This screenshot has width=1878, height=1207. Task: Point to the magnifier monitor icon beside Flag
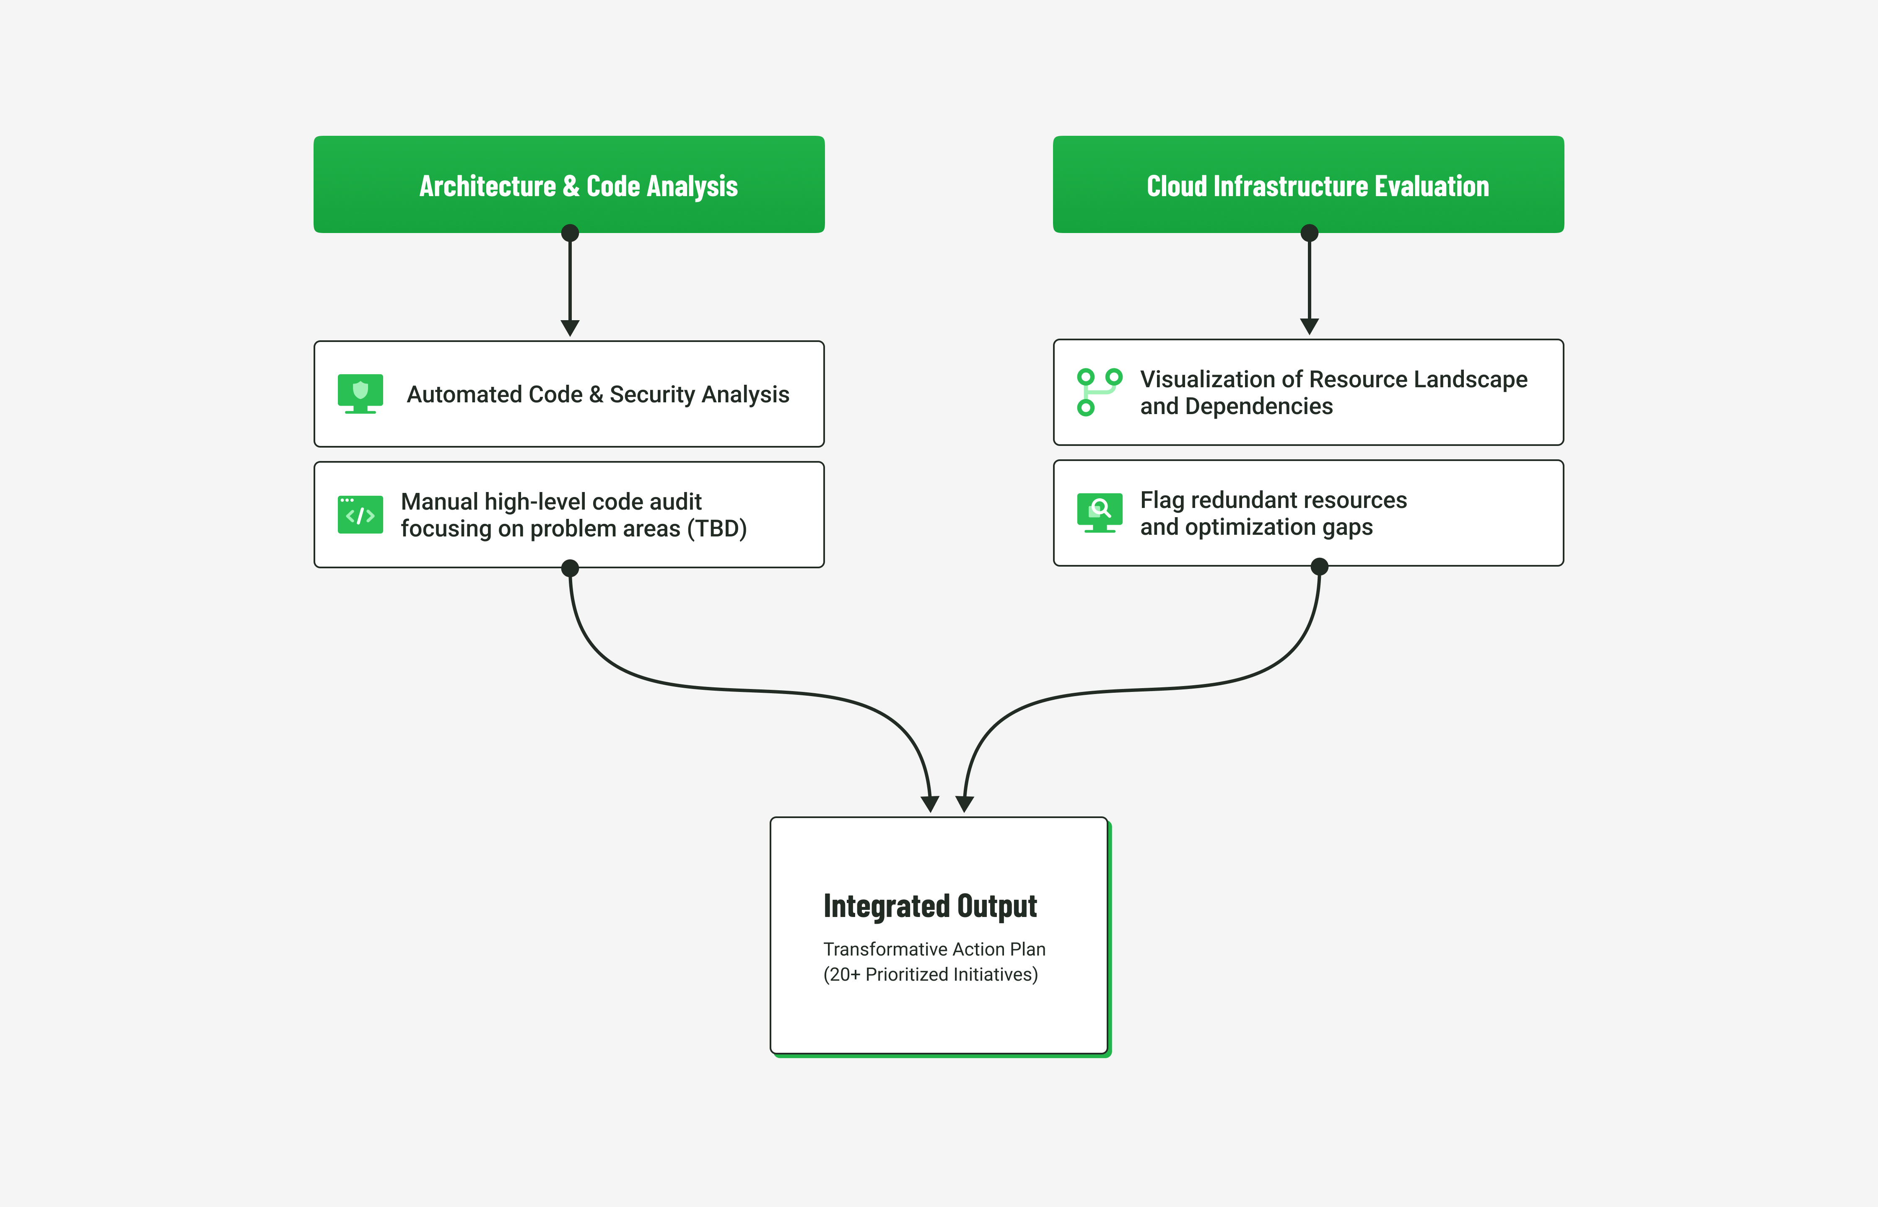click(x=1099, y=513)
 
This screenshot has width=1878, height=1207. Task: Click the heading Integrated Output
click(x=930, y=906)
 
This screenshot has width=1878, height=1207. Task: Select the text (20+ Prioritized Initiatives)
click(x=930, y=974)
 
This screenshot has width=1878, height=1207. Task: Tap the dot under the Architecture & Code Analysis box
click(x=570, y=233)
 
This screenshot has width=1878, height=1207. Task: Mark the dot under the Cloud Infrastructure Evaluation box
click(x=1309, y=233)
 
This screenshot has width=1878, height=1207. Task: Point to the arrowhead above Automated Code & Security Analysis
click(x=570, y=328)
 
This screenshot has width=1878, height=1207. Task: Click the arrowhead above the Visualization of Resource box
click(x=1309, y=326)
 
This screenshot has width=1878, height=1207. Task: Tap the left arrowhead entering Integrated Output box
click(x=930, y=803)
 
